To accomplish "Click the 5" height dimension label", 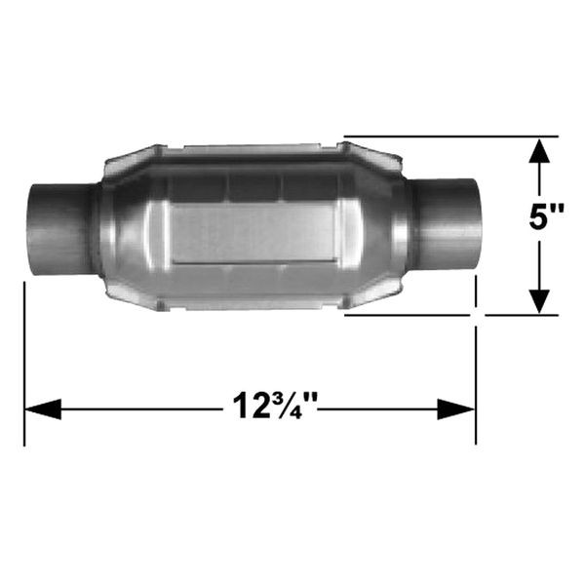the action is (546, 216).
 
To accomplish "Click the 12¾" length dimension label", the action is (275, 406).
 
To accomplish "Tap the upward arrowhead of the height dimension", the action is (539, 150).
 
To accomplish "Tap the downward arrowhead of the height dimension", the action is (539, 301).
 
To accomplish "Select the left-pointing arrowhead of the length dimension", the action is (43, 409).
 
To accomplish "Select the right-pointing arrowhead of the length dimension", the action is (456, 409).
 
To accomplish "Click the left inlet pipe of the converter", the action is (59, 229).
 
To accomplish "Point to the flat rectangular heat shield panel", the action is (253, 233).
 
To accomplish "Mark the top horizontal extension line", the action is (450, 136).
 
